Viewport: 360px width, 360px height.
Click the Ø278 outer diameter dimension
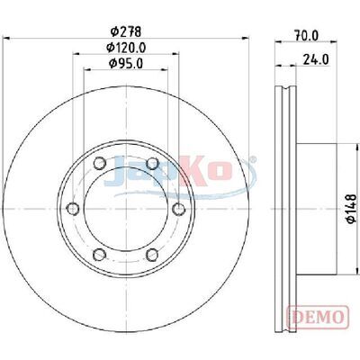(126, 31)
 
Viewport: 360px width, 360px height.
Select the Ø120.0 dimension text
(126, 48)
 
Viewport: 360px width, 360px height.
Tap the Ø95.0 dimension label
(126, 63)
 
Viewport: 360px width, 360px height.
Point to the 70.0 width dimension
(306, 36)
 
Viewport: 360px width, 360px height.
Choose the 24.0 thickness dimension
(316, 59)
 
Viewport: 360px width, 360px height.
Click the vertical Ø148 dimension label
(351, 209)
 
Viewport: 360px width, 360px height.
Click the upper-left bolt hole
(100, 164)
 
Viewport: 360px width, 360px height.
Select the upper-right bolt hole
(152, 164)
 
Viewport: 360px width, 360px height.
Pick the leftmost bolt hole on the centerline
(73, 209)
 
